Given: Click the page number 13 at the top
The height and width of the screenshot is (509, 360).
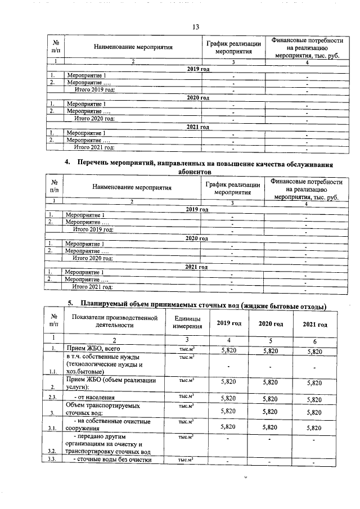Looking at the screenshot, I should tap(196, 27).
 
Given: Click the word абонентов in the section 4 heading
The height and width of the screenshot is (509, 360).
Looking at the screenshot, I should tap(196, 172).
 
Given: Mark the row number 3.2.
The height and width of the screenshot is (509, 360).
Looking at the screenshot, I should tap(53, 451).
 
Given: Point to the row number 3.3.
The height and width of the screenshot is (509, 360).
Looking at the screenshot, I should tap(53, 461).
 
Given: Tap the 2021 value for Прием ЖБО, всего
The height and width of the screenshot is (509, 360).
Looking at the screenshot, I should tap(314, 351).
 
